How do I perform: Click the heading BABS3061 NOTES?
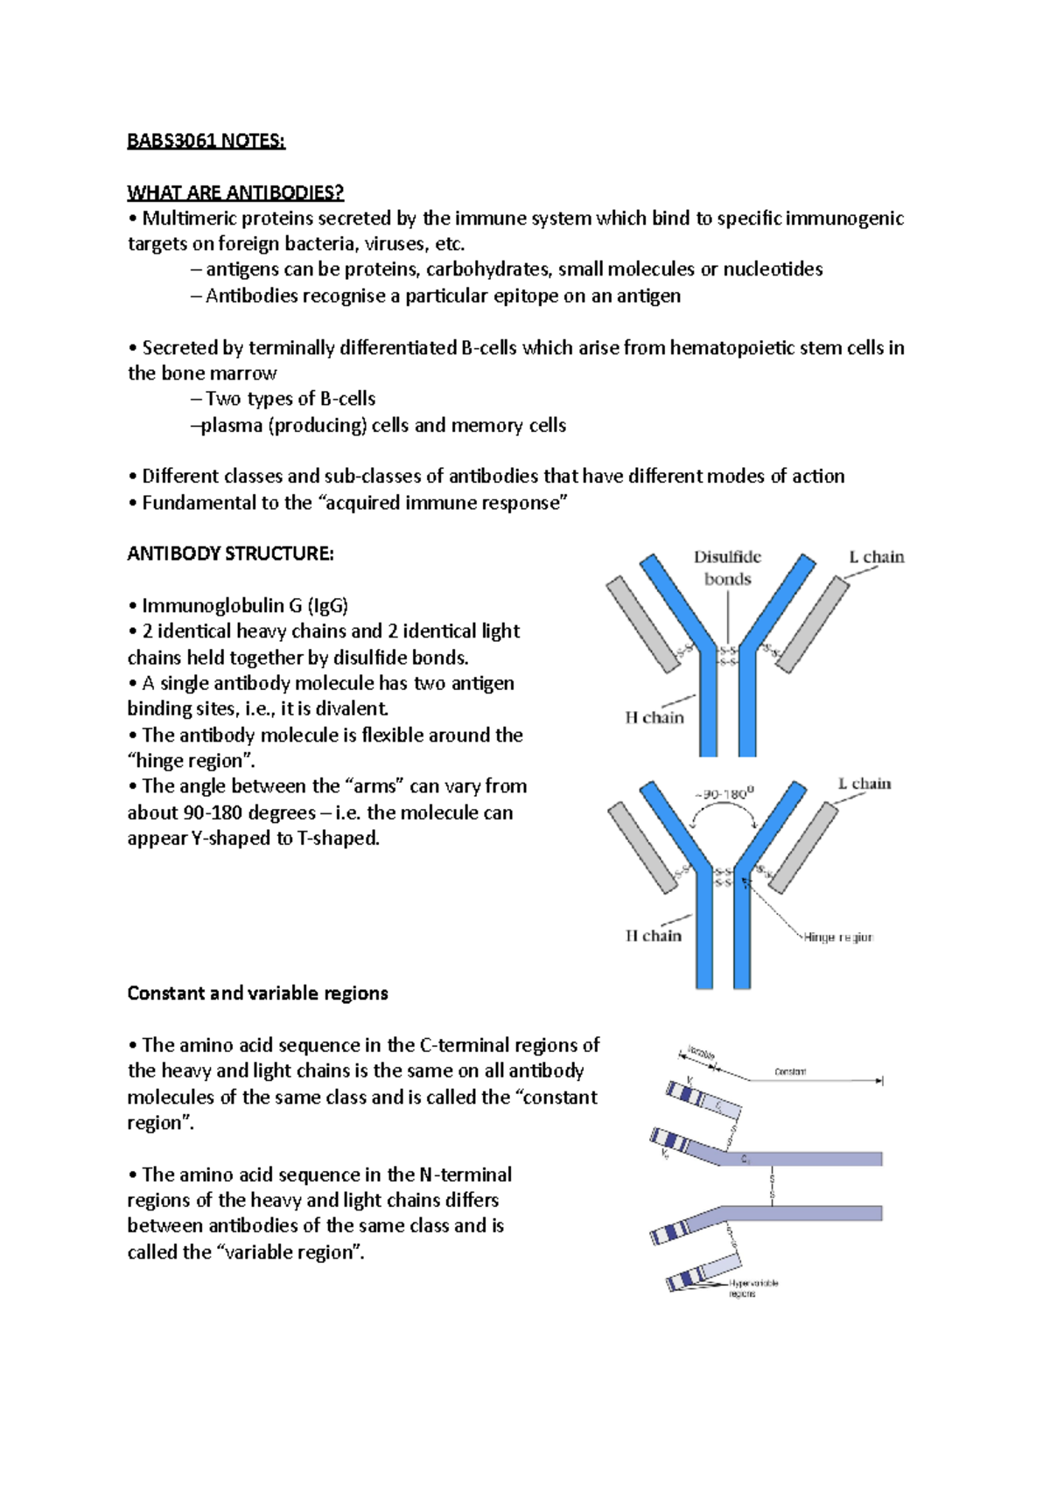(206, 141)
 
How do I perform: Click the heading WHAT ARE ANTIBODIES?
(235, 192)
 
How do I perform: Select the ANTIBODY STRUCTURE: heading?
(230, 554)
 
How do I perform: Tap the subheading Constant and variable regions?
(257, 993)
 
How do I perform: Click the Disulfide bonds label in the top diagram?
(727, 568)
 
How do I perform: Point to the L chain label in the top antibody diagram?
(876, 557)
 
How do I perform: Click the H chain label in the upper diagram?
(654, 718)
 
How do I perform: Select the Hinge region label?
(837, 938)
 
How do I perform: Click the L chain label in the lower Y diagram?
(864, 784)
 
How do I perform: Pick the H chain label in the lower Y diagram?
(653, 936)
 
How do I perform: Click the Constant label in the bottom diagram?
(790, 1071)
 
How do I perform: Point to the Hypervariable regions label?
(752, 1288)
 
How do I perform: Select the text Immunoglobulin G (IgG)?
(245, 605)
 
